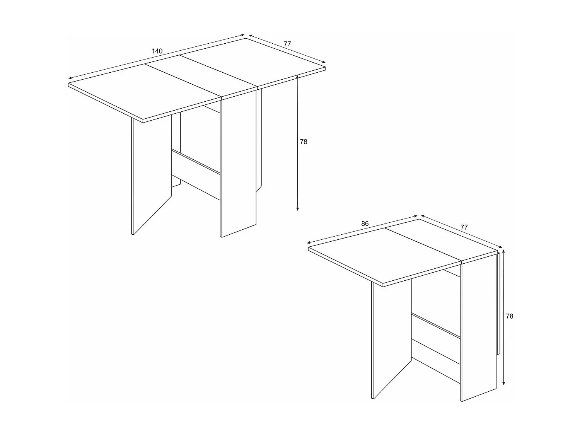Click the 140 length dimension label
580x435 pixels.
157,51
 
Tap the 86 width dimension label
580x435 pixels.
365,223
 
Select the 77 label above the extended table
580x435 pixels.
287,44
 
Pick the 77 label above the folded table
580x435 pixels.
464,227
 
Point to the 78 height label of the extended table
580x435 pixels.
304,142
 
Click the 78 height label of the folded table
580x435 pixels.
510,316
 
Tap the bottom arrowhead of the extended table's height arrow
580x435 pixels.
297,209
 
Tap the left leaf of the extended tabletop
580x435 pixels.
143,93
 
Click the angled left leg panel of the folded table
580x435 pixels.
391,336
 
